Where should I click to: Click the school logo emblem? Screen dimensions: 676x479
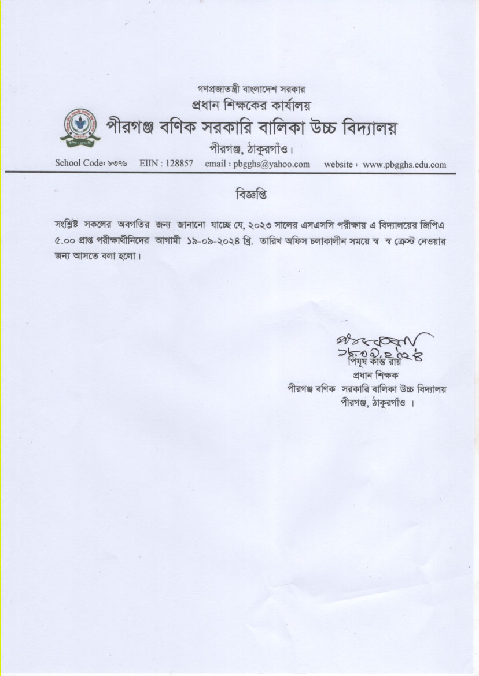79,127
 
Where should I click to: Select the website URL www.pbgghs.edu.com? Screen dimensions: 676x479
404,164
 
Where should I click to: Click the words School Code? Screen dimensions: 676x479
78,164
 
